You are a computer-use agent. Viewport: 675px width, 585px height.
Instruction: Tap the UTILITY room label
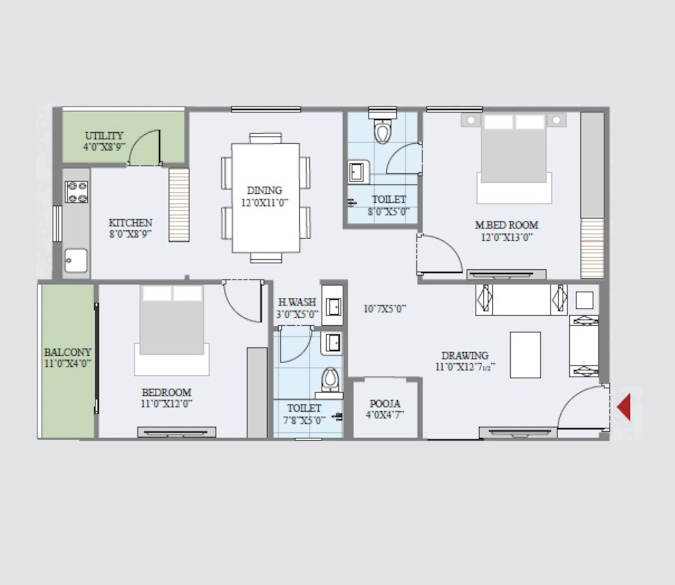[x=104, y=136]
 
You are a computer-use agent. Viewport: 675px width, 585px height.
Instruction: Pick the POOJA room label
[x=385, y=404]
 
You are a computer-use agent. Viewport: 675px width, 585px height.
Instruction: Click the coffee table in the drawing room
[x=525, y=355]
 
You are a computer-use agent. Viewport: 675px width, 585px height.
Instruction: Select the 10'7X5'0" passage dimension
[x=385, y=308]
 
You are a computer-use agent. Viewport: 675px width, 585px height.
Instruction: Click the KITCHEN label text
[x=130, y=223]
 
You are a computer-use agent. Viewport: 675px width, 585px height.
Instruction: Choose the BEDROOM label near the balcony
[x=166, y=392]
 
